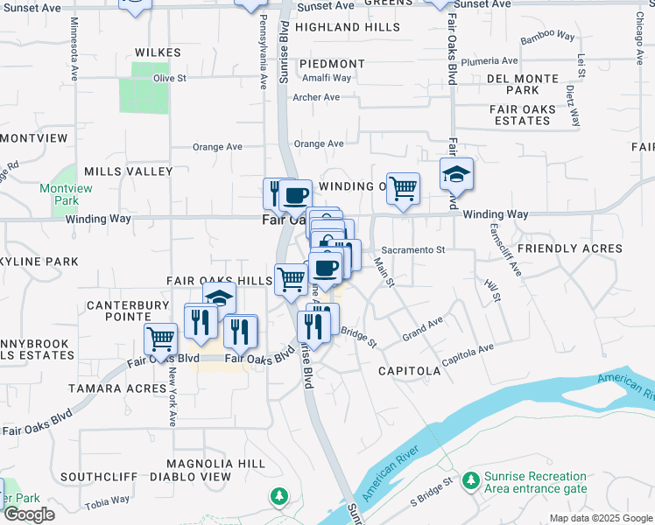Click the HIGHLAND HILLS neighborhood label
tap(348, 28)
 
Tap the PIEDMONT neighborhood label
tap(332, 64)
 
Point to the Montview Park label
tap(59, 194)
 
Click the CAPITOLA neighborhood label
tap(409, 371)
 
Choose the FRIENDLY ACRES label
tap(570, 249)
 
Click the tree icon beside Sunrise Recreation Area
tap(471, 480)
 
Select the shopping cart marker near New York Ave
tap(160, 338)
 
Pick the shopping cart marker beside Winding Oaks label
tap(402, 187)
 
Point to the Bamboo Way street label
tap(547, 38)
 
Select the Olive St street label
tap(170, 78)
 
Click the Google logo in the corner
tap(28, 514)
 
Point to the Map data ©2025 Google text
tap(600, 518)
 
